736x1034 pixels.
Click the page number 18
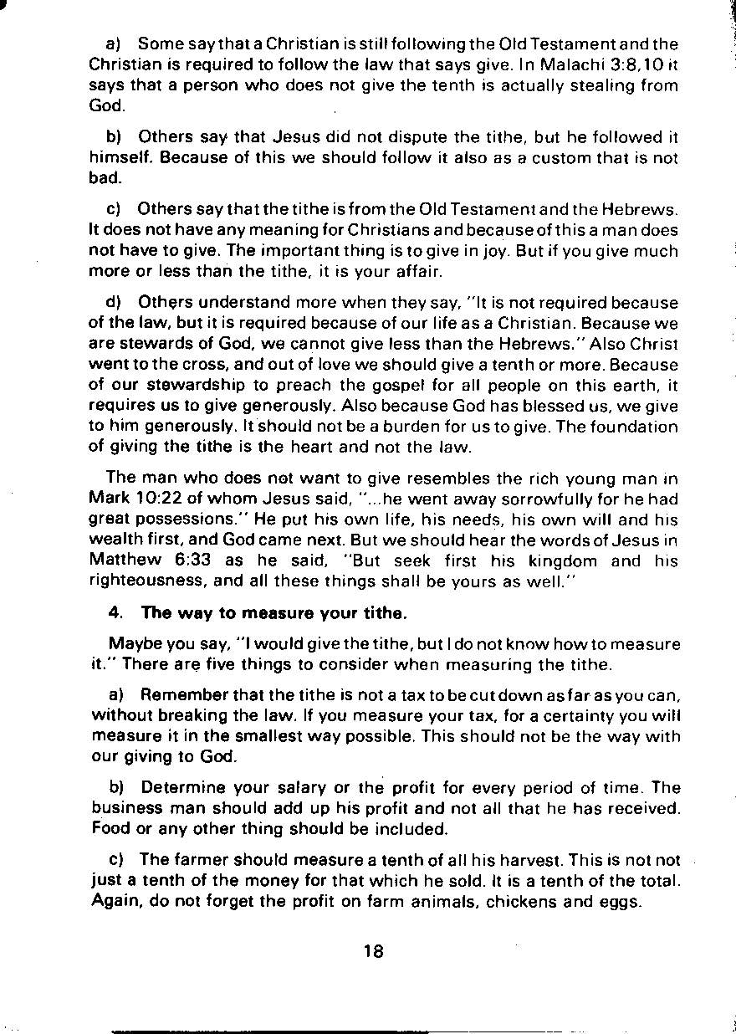coord(374,951)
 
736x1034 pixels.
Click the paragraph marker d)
coord(115,302)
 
